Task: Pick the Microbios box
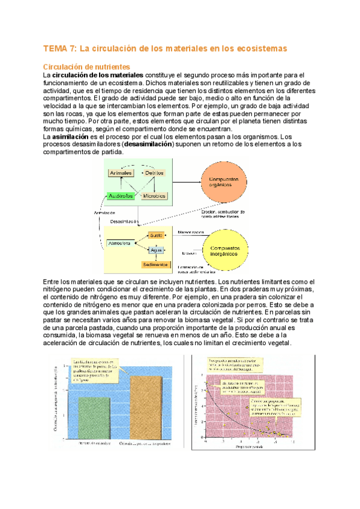(x=154, y=196)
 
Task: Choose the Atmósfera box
(x=120, y=243)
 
